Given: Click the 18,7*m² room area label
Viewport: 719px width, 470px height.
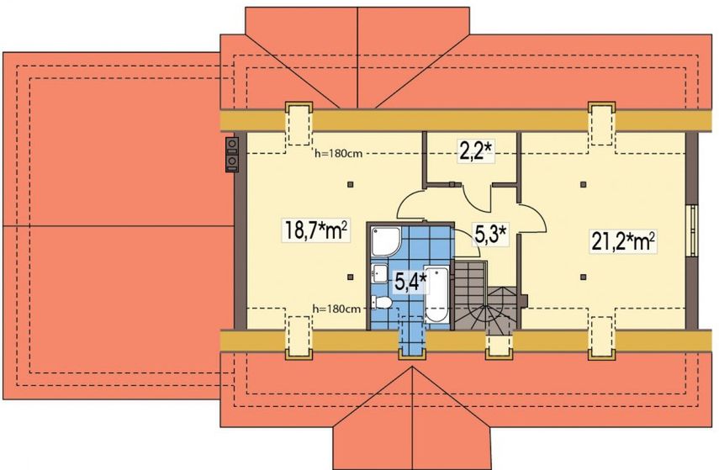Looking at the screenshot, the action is (316, 230).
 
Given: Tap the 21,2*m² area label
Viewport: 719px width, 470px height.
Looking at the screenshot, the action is (622, 240).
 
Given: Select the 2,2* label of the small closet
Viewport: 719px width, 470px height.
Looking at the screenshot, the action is (476, 151).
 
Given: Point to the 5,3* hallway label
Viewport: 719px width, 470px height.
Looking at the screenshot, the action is (490, 235).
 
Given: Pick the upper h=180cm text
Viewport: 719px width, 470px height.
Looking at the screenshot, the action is (338, 154).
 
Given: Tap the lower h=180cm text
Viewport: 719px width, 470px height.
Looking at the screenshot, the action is (336, 309).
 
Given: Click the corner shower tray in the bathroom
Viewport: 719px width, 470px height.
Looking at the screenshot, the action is (386, 241).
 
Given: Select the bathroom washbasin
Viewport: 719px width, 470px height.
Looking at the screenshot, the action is (379, 274).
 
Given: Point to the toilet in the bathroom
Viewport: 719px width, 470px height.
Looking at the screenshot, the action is (382, 303).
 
